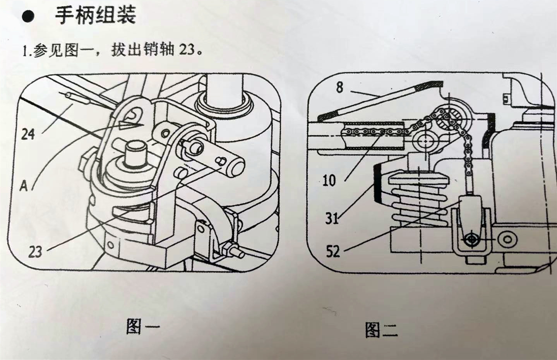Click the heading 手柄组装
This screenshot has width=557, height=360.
tap(95, 16)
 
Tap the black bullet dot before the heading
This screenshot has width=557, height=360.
tap(27, 17)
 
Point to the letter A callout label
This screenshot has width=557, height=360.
tap(24, 186)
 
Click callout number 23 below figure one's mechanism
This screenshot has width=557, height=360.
tap(35, 252)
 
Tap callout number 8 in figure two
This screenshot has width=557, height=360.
tap(339, 87)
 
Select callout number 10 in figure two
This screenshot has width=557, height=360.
tap(329, 180)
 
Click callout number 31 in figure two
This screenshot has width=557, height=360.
tap(332, 219)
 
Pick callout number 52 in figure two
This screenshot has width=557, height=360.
tap(332, 252)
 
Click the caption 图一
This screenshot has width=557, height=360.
tap(142, 326)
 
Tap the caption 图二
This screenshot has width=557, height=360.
tap(381, 330)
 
